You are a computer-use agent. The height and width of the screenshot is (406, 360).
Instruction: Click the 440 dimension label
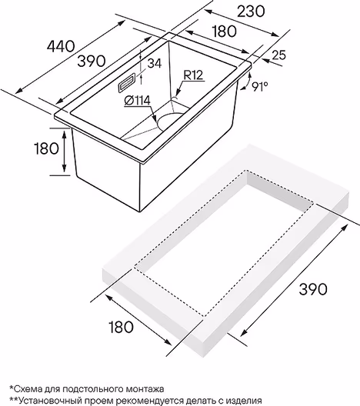click(x=61, y=46)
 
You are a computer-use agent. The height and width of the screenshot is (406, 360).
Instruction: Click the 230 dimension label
click(x=251, y=12)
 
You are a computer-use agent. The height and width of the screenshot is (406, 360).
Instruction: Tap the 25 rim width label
click(x=279, y=55)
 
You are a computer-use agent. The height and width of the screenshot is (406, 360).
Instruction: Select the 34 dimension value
click(x=155, y=63)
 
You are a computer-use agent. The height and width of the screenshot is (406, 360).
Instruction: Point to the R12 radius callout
click(x=193, y=75)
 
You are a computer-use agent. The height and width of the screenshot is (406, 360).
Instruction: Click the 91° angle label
click(x=260, y=87)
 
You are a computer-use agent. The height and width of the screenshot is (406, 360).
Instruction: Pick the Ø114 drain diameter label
click(x=137, y=101)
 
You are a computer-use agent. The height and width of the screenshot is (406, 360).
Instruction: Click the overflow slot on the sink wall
click(x=127, y=82)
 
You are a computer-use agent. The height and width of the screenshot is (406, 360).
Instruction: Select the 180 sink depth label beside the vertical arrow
click(x=47, y=148)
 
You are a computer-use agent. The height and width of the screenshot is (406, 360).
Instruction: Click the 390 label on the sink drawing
click(x=92, y=61)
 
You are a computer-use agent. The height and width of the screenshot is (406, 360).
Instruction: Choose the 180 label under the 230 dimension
click(x=225, y=31)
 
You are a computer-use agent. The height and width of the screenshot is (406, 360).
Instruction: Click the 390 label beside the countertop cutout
click(x=313, y=288)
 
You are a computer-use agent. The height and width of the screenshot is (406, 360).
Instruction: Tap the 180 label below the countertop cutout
click(x=122, y=327)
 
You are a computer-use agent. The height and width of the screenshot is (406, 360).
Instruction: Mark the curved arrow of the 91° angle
click(x=247, y=82)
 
